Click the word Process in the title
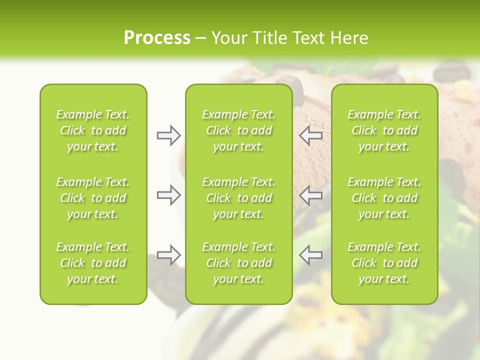157,38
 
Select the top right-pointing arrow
168,135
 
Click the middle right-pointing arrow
168,195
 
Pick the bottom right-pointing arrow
168,255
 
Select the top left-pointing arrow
310,135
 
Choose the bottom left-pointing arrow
310,255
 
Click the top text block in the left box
93,130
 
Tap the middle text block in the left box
93,198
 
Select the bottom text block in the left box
93,263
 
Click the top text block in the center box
238,130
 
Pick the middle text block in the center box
238,198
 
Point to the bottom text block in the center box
238,263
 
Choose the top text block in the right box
384,130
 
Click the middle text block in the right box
384,198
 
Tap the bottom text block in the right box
384,263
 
